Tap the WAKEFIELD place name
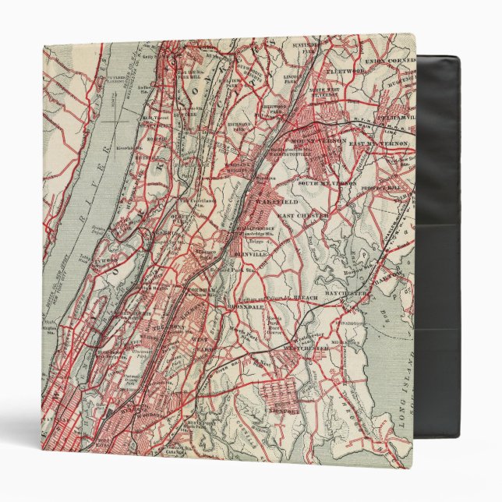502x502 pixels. click(x=274, y=200)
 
